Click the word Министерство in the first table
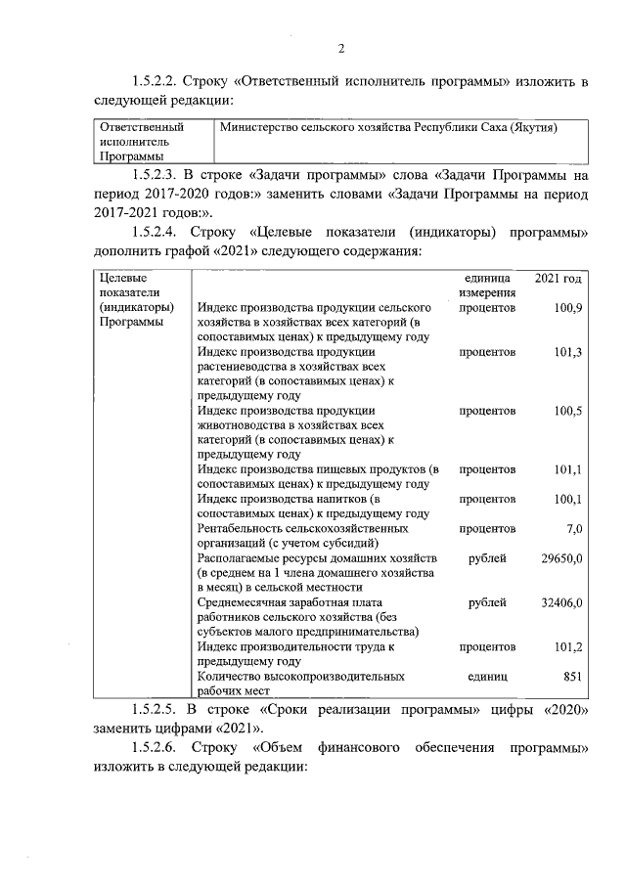click(x=256, y=127)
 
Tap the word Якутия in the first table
click(x=528, y=127)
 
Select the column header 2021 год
click(x=559, y=279)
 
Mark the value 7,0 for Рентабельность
click(x=574, y=529)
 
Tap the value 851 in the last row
click(x=572, y=676)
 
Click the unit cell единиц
click(x=487, y=676)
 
